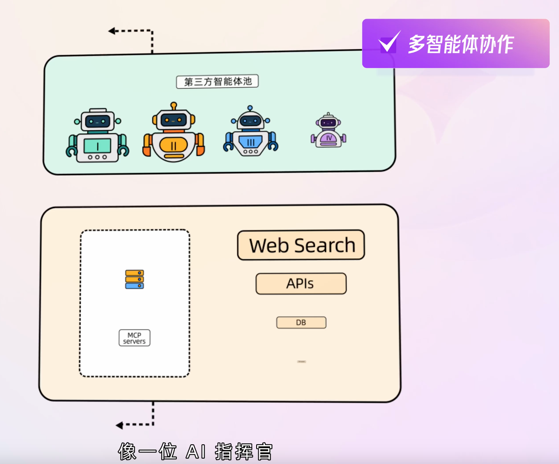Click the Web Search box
[x=301, y=245]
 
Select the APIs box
[x=301, y=283]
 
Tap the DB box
[x=301, y=323]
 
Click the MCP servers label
[x=134, y=338]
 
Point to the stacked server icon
[x=134, y=279]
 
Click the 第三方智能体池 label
[x=217, y=82]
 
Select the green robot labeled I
[x=97, y=136]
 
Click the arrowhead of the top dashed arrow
[x=112, y=31]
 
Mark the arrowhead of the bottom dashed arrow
[x=119, y=425]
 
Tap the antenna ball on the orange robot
[x=174, y=105]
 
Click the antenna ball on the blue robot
[x=250, y=108]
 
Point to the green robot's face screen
[x=97, y=121]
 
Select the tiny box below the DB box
[x=301, y=362]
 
